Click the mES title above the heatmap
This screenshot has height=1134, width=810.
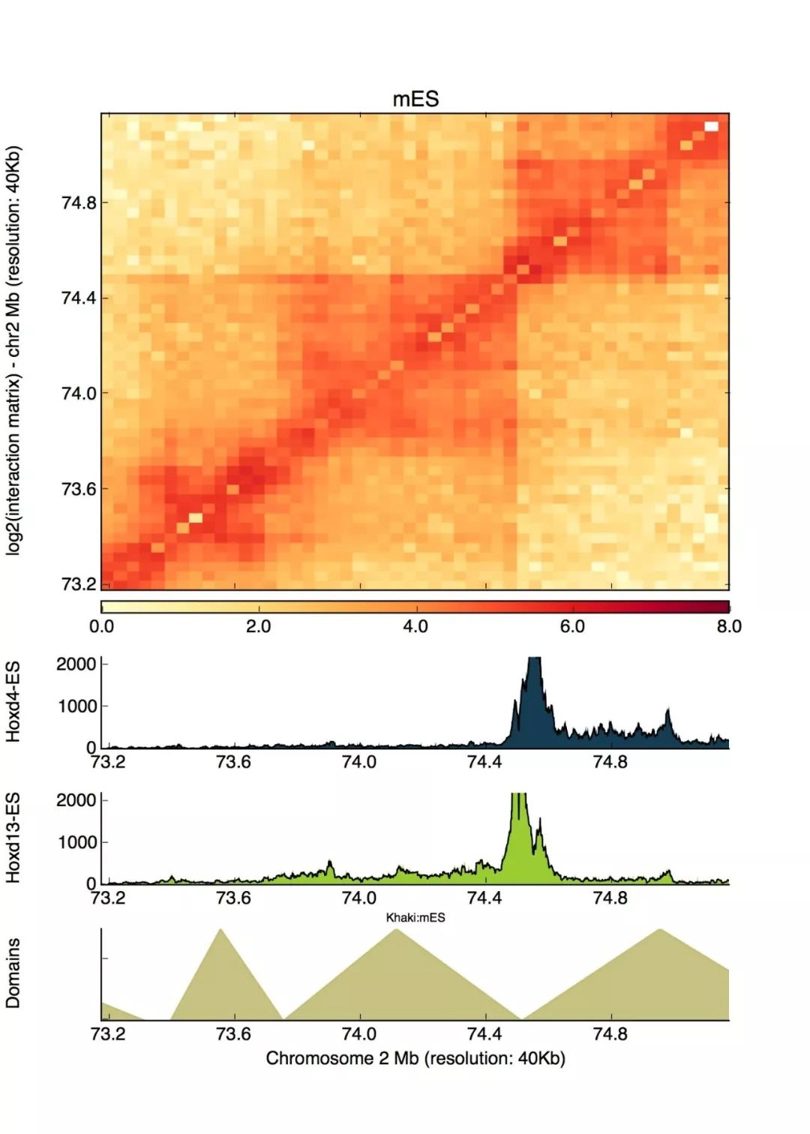415,99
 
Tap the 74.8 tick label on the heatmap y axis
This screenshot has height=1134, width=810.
78,202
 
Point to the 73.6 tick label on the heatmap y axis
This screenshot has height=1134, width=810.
78,489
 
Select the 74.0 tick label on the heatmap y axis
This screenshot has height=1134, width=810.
78,394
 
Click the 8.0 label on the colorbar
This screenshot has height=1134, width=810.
728,626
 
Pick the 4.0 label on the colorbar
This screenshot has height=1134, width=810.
415,626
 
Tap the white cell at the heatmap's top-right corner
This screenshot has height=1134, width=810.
711,126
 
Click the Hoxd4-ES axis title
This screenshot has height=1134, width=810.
13,702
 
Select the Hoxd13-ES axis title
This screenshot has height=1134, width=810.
13,838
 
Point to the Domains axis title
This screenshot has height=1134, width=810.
13,973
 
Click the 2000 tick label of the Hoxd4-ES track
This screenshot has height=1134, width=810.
76,664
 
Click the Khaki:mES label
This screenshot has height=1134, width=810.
415,917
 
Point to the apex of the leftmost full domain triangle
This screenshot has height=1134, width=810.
220,930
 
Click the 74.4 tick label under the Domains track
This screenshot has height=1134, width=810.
484,1033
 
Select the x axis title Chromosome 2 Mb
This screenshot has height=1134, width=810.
415,1058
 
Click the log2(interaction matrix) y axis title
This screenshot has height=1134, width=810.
13,350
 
